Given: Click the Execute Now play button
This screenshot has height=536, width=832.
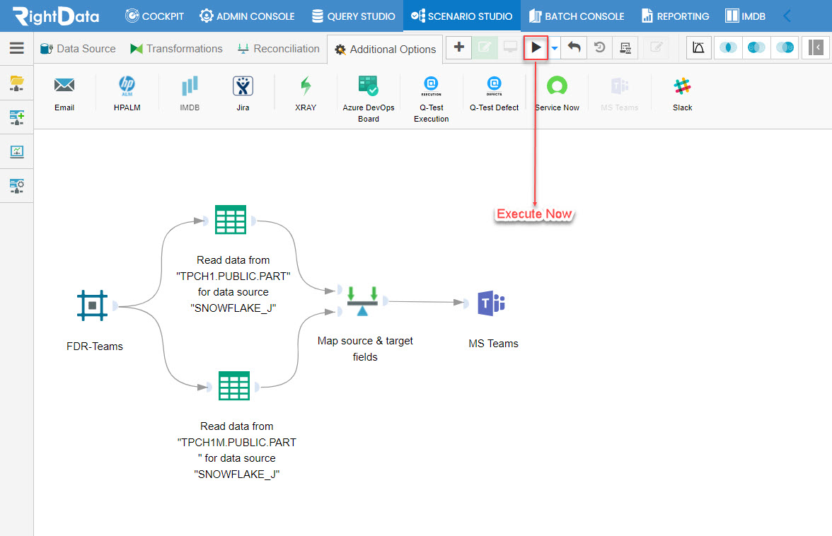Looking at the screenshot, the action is (536, 47).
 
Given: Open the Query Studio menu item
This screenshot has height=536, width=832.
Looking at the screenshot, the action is (354, 16).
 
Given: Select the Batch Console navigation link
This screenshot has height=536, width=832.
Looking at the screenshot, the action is (576, 16).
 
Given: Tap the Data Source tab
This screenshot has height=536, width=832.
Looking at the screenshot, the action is (78, 49).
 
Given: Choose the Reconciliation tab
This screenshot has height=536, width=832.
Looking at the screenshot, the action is (279, 49).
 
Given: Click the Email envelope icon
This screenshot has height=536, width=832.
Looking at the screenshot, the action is (64, 85).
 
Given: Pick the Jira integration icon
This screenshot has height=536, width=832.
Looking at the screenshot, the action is (243, 86).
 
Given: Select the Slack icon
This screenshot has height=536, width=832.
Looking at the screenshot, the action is (682, 86).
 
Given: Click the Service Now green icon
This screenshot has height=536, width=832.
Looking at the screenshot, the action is (557, 86).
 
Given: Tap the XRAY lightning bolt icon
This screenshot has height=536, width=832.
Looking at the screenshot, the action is (306, 86).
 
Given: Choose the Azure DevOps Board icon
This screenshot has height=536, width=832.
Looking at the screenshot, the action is (368, 86).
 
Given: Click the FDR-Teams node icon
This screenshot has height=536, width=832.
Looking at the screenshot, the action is (92, 305).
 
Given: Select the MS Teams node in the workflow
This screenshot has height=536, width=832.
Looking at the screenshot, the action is (491, 303).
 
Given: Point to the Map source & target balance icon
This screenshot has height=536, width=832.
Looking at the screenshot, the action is (362, 301).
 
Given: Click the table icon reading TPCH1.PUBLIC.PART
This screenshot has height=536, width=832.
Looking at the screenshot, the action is (231, 219).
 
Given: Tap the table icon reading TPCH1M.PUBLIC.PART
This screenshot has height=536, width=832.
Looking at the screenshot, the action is (234, 386).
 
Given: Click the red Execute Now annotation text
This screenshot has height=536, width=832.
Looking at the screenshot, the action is (534, 214).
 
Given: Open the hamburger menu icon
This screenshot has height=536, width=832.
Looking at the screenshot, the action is (17, 48).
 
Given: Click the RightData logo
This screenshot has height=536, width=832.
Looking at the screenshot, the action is (57, 16).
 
